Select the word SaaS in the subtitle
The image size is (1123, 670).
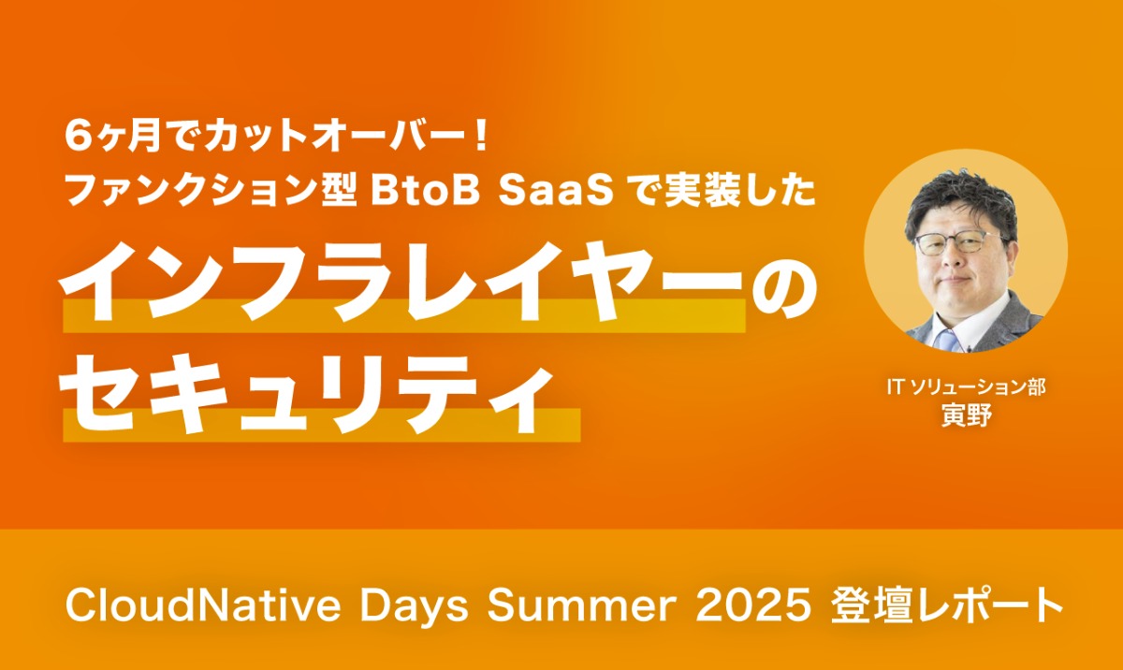pyautogui.click(x=556, y=192)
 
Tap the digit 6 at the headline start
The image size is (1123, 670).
pyautogui.click(x=77, y=137)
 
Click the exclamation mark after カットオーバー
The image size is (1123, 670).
pyautogui.click(x=481, y=137)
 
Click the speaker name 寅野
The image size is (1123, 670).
pyautogui.click(x=966, y=415)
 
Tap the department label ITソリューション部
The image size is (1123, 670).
pyautogui.click(x=966, y=386)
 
